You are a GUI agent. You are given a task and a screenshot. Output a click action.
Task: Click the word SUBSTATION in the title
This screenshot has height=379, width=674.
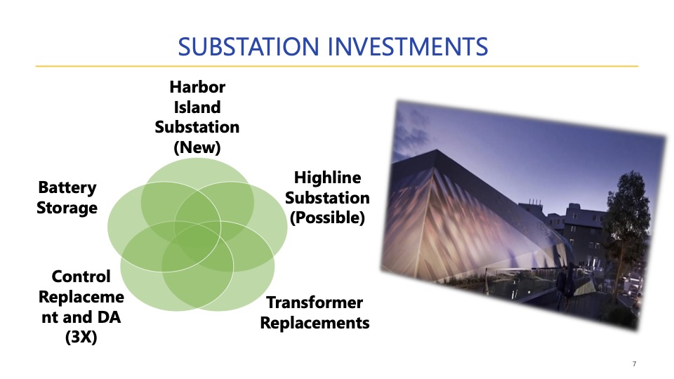248,46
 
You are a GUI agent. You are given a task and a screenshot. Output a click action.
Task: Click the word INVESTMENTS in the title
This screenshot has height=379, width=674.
409,46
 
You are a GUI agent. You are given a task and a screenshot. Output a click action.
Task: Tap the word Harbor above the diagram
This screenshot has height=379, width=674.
197,87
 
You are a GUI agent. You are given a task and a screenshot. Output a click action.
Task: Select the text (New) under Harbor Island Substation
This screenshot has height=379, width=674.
197,147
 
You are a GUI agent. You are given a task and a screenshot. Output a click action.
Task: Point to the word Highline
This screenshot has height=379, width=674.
328,178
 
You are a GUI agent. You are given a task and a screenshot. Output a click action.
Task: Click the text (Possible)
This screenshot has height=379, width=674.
328,218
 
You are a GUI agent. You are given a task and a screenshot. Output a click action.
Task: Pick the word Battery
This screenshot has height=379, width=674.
67,188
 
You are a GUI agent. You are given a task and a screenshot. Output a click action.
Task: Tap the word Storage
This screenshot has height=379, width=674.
67,208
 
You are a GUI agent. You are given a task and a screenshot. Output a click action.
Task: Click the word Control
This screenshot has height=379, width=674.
81,277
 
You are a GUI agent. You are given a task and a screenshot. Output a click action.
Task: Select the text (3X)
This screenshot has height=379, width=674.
81,337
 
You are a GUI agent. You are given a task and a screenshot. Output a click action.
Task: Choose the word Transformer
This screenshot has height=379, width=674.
315,302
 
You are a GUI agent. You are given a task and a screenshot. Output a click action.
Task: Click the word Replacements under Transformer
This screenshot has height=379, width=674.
315,323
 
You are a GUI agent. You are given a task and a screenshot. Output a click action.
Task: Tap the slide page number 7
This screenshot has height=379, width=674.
635,364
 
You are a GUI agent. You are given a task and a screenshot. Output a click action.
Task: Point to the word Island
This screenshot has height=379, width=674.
197,107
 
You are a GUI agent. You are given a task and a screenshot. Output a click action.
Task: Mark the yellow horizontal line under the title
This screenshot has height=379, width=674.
337,66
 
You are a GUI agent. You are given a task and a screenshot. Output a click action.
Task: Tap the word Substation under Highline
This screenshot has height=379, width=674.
328,198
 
